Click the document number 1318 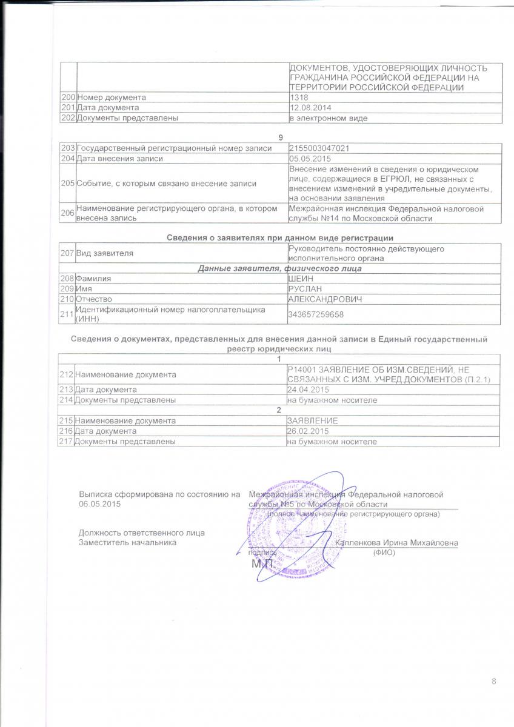(299, 98)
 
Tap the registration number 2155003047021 (319, 148)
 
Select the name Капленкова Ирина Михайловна (396, 542)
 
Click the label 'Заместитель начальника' (127, 543)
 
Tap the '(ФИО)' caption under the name (384, 553)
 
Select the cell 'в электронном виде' (327, 118)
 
